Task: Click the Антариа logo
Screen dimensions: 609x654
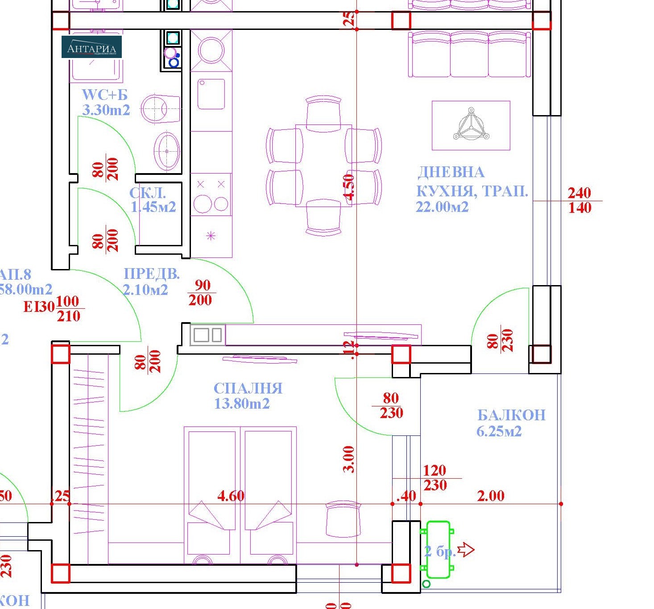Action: click(91, 47)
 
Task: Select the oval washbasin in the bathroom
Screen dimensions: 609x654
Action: click(167, 151)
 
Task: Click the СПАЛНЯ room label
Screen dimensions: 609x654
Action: click(248, 388)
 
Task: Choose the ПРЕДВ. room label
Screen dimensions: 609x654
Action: click(151, 274)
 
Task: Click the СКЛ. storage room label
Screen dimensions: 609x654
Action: click(148, 193)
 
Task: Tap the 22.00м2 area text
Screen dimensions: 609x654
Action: click(442, 207)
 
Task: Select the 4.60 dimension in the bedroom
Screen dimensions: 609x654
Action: click(231, 496)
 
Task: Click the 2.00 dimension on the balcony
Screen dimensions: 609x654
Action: click(490, 496)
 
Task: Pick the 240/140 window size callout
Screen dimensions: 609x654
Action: click(579, 200)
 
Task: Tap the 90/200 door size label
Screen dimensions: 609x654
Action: click(201, 293)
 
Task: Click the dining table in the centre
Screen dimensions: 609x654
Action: click(323, 165)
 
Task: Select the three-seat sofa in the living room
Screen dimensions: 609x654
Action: click(470, 55)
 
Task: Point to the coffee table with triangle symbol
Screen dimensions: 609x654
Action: click(471, 125)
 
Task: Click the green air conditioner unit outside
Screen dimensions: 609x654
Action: click(438, 549)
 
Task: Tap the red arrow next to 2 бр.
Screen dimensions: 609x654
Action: click(466, 550)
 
